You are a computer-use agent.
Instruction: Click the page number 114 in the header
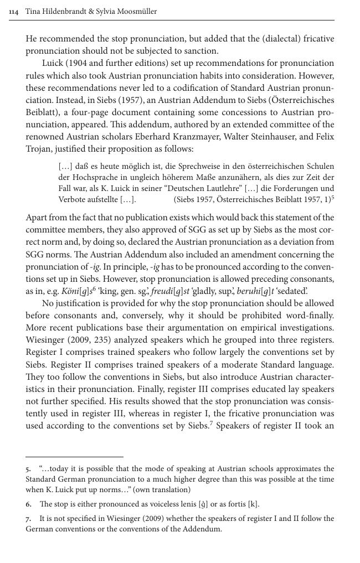click(14, 12)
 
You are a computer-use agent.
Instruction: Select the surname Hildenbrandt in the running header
click(65, 12)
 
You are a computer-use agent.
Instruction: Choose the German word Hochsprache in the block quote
click(91, 177)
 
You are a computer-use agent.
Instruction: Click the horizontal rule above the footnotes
click(74, 457)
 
